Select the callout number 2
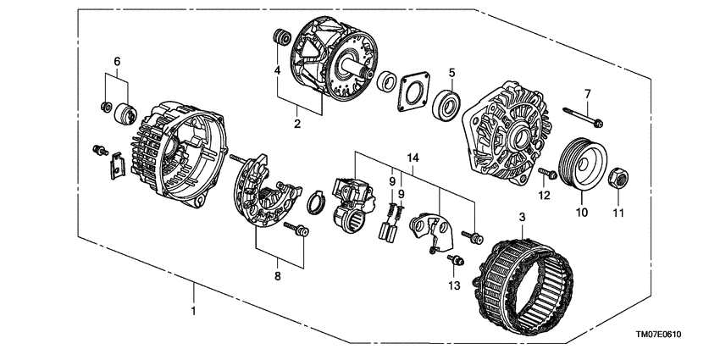[297, 124]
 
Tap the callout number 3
[523, 218]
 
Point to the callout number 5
[452, 74]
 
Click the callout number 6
[118, 61]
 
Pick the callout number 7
[585, 92]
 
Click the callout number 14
[413, 158]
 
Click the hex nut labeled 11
[618, 179]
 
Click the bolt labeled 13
[456, 260]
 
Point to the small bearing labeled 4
[280, 37]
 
